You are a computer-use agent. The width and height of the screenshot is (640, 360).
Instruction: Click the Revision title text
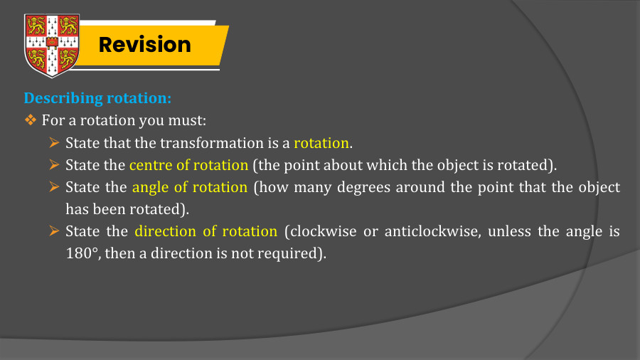click(144, 44)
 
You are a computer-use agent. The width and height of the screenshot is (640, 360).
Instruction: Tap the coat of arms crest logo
click(50, 45)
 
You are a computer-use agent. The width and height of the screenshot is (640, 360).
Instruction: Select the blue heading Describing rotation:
click(97, 97)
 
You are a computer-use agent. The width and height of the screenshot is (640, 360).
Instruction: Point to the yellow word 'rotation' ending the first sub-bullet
click(321, 142)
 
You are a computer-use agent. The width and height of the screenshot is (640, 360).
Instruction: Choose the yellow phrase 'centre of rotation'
click(188, 165)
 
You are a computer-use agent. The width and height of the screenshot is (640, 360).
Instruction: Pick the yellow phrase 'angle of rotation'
click(190, 188)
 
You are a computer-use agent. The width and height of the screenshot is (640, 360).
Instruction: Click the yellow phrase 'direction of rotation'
click(206, 231)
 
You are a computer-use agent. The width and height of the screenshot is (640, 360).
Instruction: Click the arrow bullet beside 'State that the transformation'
click(53, 142)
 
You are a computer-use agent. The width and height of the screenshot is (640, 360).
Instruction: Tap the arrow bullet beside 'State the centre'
click(53, 165)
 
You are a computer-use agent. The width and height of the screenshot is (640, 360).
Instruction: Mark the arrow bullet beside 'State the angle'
click(53, 188)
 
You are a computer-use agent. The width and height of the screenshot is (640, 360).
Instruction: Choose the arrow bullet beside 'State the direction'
click(53, 231)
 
